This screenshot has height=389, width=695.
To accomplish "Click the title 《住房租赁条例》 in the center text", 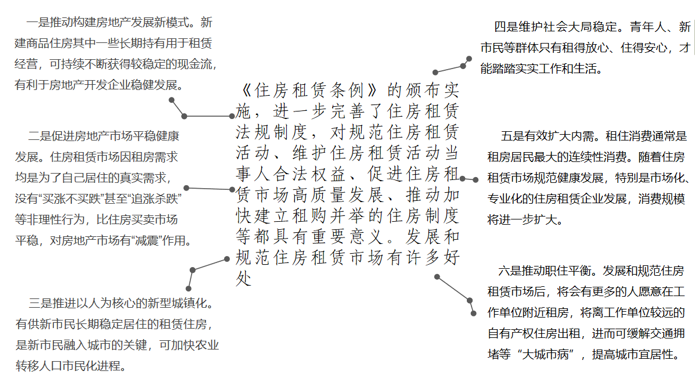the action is pyautogui.click(x=308, y=91).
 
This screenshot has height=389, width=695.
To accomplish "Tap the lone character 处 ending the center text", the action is pyautogui.click(x=244, y=278).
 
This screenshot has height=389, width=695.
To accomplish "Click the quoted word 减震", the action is pyautogui.click(x=147, y=240).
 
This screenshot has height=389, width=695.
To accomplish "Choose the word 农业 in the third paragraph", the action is pyautogui.click(x=207, y=345).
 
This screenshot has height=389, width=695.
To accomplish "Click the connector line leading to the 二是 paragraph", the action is pyautogui.click(x=209, y=189).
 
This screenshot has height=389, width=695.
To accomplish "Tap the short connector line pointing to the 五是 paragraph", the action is pyautogui.click(x=469, y=179).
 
